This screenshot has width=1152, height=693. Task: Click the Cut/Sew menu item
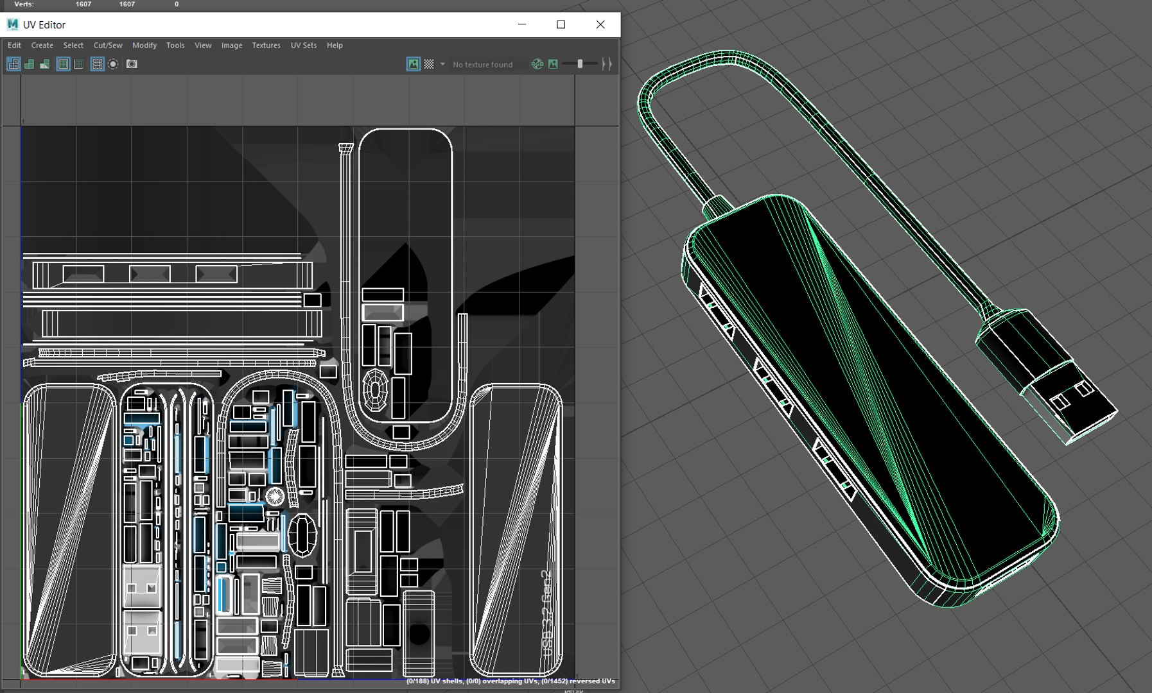coord(107,46)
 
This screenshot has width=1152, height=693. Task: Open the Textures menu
coord(266,46)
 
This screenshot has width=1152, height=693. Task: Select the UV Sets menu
coord(303,46)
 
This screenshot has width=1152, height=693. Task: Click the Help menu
coord(335,46)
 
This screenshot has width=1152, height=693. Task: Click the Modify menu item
coord(144,46)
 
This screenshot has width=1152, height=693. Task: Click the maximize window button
coord(561,24)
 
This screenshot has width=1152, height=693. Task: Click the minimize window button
coord(522,24)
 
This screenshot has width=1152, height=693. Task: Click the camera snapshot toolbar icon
coord(132,64)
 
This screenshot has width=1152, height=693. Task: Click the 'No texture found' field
coord(482,65)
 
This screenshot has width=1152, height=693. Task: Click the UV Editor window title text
coord(44,25)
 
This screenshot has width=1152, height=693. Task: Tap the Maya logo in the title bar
coord(12,24)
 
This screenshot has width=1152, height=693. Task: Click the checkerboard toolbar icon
coord(429,64)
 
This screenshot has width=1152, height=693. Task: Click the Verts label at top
coord(24,4)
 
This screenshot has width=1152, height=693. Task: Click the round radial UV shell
coord(275,496)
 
